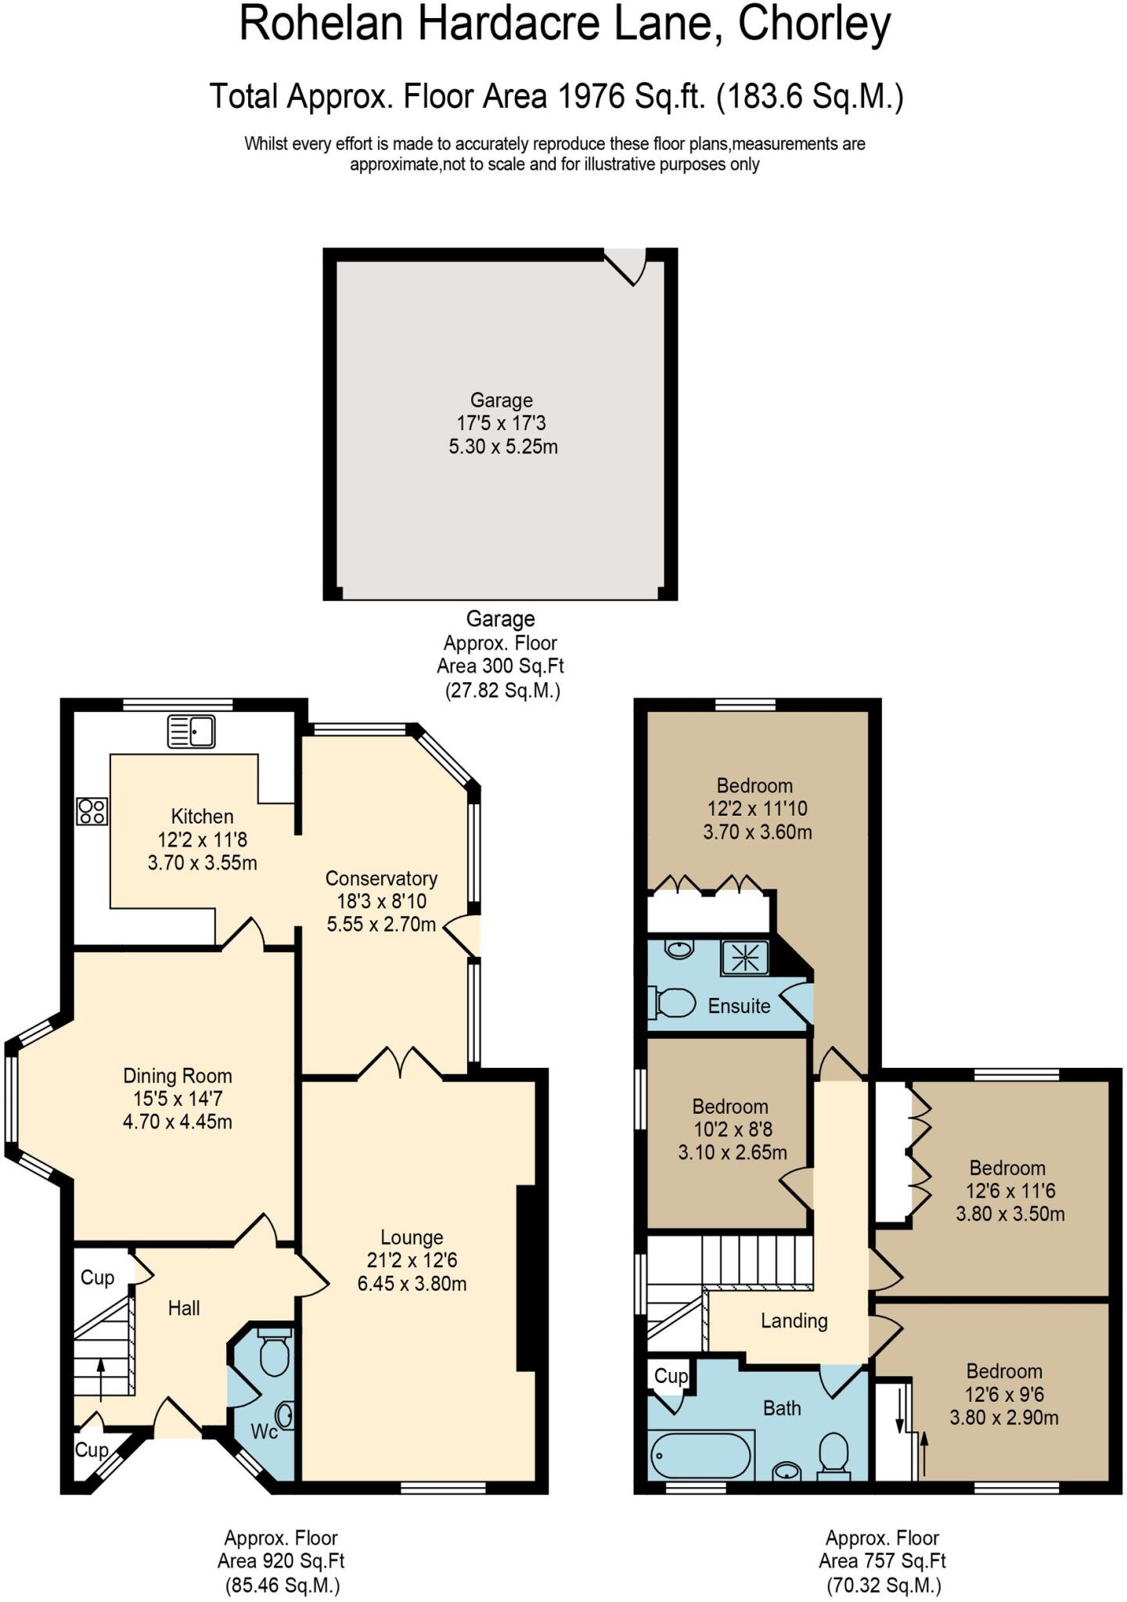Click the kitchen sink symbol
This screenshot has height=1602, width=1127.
pyautogui.click(x=192, y=732)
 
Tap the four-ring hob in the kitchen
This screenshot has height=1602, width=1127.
pyautogui.click(x=92, y=810)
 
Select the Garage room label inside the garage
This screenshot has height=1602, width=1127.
pyautogui.click(x=501, y=400)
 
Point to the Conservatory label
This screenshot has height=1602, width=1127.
pyautogui.click(x=381, y=878)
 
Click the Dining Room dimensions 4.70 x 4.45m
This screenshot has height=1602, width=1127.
pyautogui.click(x=178, y=1122)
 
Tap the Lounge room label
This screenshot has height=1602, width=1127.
pyautogui.click(x=412, y=1237)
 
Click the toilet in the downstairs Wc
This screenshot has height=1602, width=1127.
pyautogui.click(x=274, y=1353)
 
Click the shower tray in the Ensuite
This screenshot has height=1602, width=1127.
pyautogui.click(x=744, y=957)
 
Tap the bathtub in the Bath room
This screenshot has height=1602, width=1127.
pyautogui.click(x=701, y=1457)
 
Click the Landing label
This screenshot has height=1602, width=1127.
pyautogui.click(x=794, y=1320)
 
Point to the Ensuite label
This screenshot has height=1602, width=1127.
pyautogui.click(x=739, y=1006)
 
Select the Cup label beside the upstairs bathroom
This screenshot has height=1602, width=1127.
pyautogui.click(x=671, y=1376)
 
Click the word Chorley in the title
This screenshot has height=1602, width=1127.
pyautogui.click(x=814, y=25)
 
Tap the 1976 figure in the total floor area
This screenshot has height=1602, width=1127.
pyautogui.click(x=591, y=97)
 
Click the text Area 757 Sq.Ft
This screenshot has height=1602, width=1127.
pyautogui.click(x=882, y=1561)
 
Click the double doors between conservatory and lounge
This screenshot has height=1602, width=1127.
pyautogui.click(x=401, y=1063)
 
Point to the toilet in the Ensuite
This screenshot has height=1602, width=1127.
pyautogui.click(x=674, y=1003)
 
